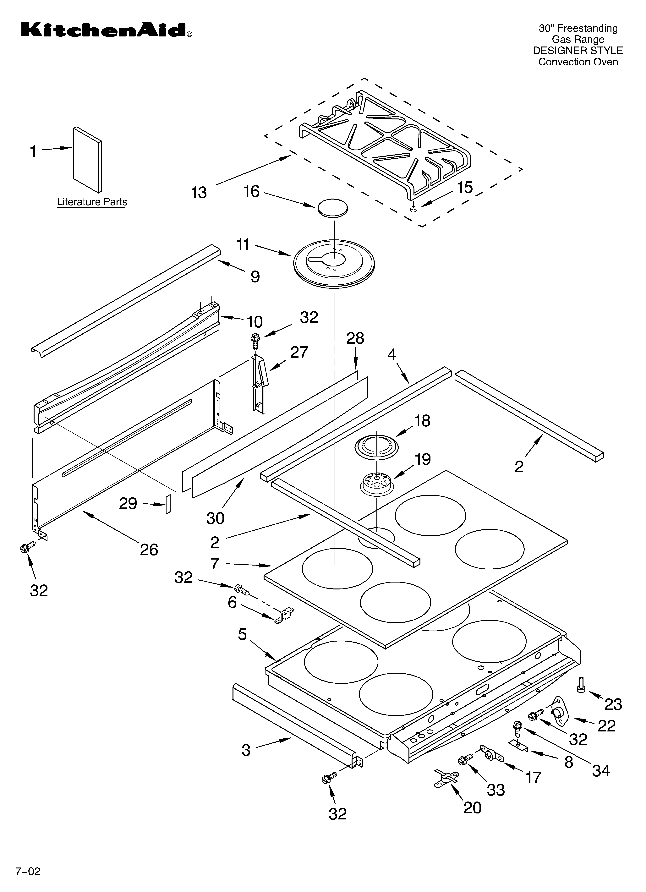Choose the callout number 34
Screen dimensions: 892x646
click(601, 771)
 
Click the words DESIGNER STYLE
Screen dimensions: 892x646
click(578, 50)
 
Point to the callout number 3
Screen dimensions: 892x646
click(246, 750)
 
